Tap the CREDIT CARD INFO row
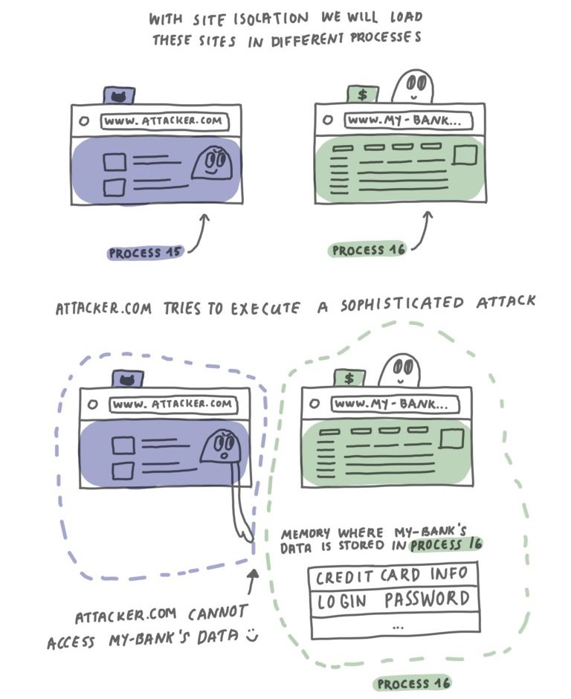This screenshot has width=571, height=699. (392, 576)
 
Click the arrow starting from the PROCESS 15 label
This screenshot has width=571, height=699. (199, 232)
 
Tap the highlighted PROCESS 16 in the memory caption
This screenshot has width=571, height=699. (445, 546)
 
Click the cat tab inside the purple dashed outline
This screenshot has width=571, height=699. (127, 379)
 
